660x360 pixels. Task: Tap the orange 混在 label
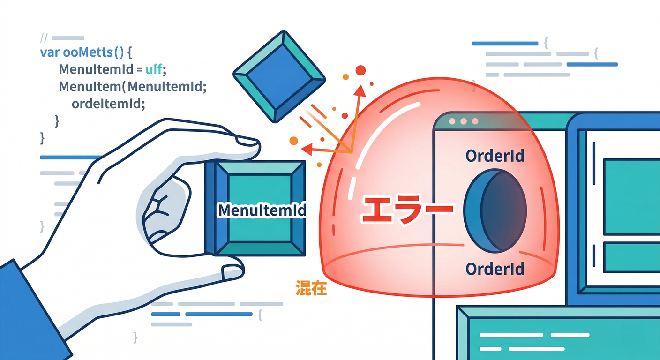pyautogui.click(x=311, y=288)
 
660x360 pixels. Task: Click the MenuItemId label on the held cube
pyautogui.click(x=262, y=210)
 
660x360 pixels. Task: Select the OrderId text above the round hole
pyautogui.click(x=495, y=156)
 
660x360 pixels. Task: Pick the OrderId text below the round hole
pyautogui.click(x=495, y=269)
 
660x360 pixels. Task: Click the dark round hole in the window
pyautogui.click(x=495, y=211)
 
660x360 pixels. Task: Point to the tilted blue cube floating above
pyautogui.click(x=279, y=76)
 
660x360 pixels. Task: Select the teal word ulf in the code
pyautogui.click(x=154, y=69)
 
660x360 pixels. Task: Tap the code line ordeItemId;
pyautogui.click(x=108, y=104)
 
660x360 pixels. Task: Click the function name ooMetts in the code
pyautogui.click(x=88, y=52)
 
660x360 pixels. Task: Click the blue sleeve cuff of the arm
pyautogui.click(x=32, y=312)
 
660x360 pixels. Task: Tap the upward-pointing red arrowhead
pyautogui.click(x=360, y=91)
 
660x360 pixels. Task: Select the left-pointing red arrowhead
pyautogui.click(x=307, y=149)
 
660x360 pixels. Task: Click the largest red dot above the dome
pyautogui.click(x=360, y=70)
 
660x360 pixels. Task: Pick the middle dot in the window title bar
pyautogui.click(x=464, y=121)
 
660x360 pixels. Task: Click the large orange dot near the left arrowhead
pyautogui.click(x=294, y=141)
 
